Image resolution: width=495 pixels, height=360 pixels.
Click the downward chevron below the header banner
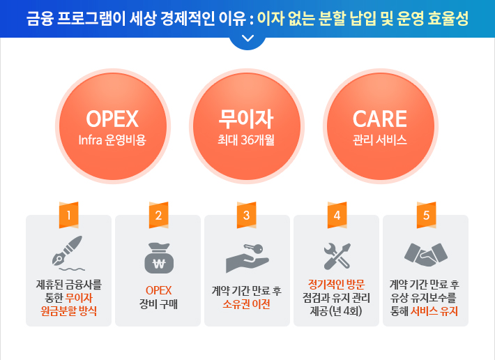(x=247, y=38)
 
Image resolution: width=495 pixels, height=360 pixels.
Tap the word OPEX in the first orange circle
(x=112, y=119)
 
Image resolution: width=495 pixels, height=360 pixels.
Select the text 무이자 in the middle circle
(x=246, y=119)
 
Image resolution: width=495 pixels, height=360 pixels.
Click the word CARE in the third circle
(x=380, y=119)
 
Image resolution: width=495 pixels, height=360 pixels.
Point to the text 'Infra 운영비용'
(x=112, y=140)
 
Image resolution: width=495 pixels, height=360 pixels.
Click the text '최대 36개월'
(x=246, y=140)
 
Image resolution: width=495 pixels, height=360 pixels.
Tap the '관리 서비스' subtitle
(x=380, y=140)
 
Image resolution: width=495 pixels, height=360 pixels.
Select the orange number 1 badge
(x=68, y=215)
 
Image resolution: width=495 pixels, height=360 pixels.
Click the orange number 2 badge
(x=158, y=215)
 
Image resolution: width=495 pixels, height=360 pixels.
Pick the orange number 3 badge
(x=247, y=215)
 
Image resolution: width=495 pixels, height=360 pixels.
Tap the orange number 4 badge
(x=337, y=215)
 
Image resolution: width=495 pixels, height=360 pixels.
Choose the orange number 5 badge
(x=427, y=215)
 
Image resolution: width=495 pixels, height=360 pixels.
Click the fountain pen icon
(x=68, y=253)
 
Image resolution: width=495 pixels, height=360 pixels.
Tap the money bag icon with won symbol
(x=159, y=258)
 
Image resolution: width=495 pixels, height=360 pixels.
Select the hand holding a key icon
(x=247, y=258)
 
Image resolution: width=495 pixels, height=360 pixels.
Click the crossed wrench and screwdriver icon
(x=337, y=256)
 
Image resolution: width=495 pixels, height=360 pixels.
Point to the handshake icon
(x=426, y=255)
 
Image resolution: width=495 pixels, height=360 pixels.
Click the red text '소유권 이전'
(x=246, y=304)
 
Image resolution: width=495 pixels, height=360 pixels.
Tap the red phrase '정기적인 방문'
(x=336, y=285)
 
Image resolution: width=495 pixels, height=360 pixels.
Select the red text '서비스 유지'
(x=434, y=311)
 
